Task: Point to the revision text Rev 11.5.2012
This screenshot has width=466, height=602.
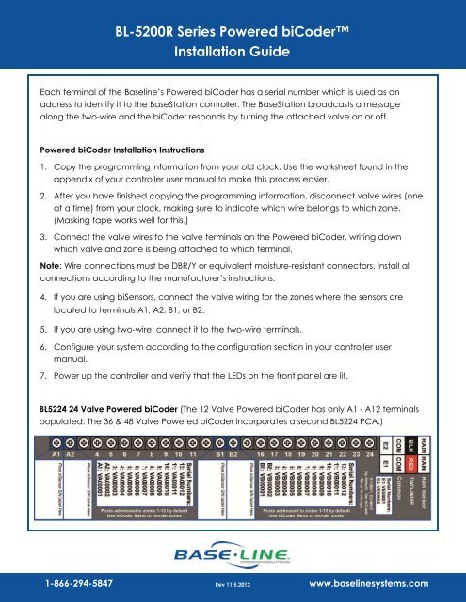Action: (233, 584)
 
